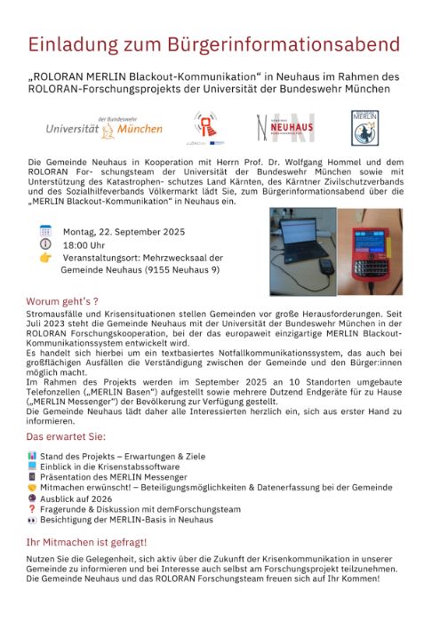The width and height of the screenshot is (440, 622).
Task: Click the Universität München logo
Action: tap(105, 129)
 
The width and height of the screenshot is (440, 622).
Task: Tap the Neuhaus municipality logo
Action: tap(284, 128)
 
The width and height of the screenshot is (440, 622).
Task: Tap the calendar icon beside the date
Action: tap(45, 231)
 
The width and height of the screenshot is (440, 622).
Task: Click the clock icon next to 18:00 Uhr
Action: tap(45, 244)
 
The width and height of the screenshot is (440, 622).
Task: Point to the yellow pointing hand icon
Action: tap(45, 258)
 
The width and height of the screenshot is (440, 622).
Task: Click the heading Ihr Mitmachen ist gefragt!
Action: tap(87, 541)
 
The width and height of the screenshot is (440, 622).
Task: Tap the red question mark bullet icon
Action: tap(32, 510)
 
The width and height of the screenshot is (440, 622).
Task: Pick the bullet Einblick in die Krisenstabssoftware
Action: tap(109, 466)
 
